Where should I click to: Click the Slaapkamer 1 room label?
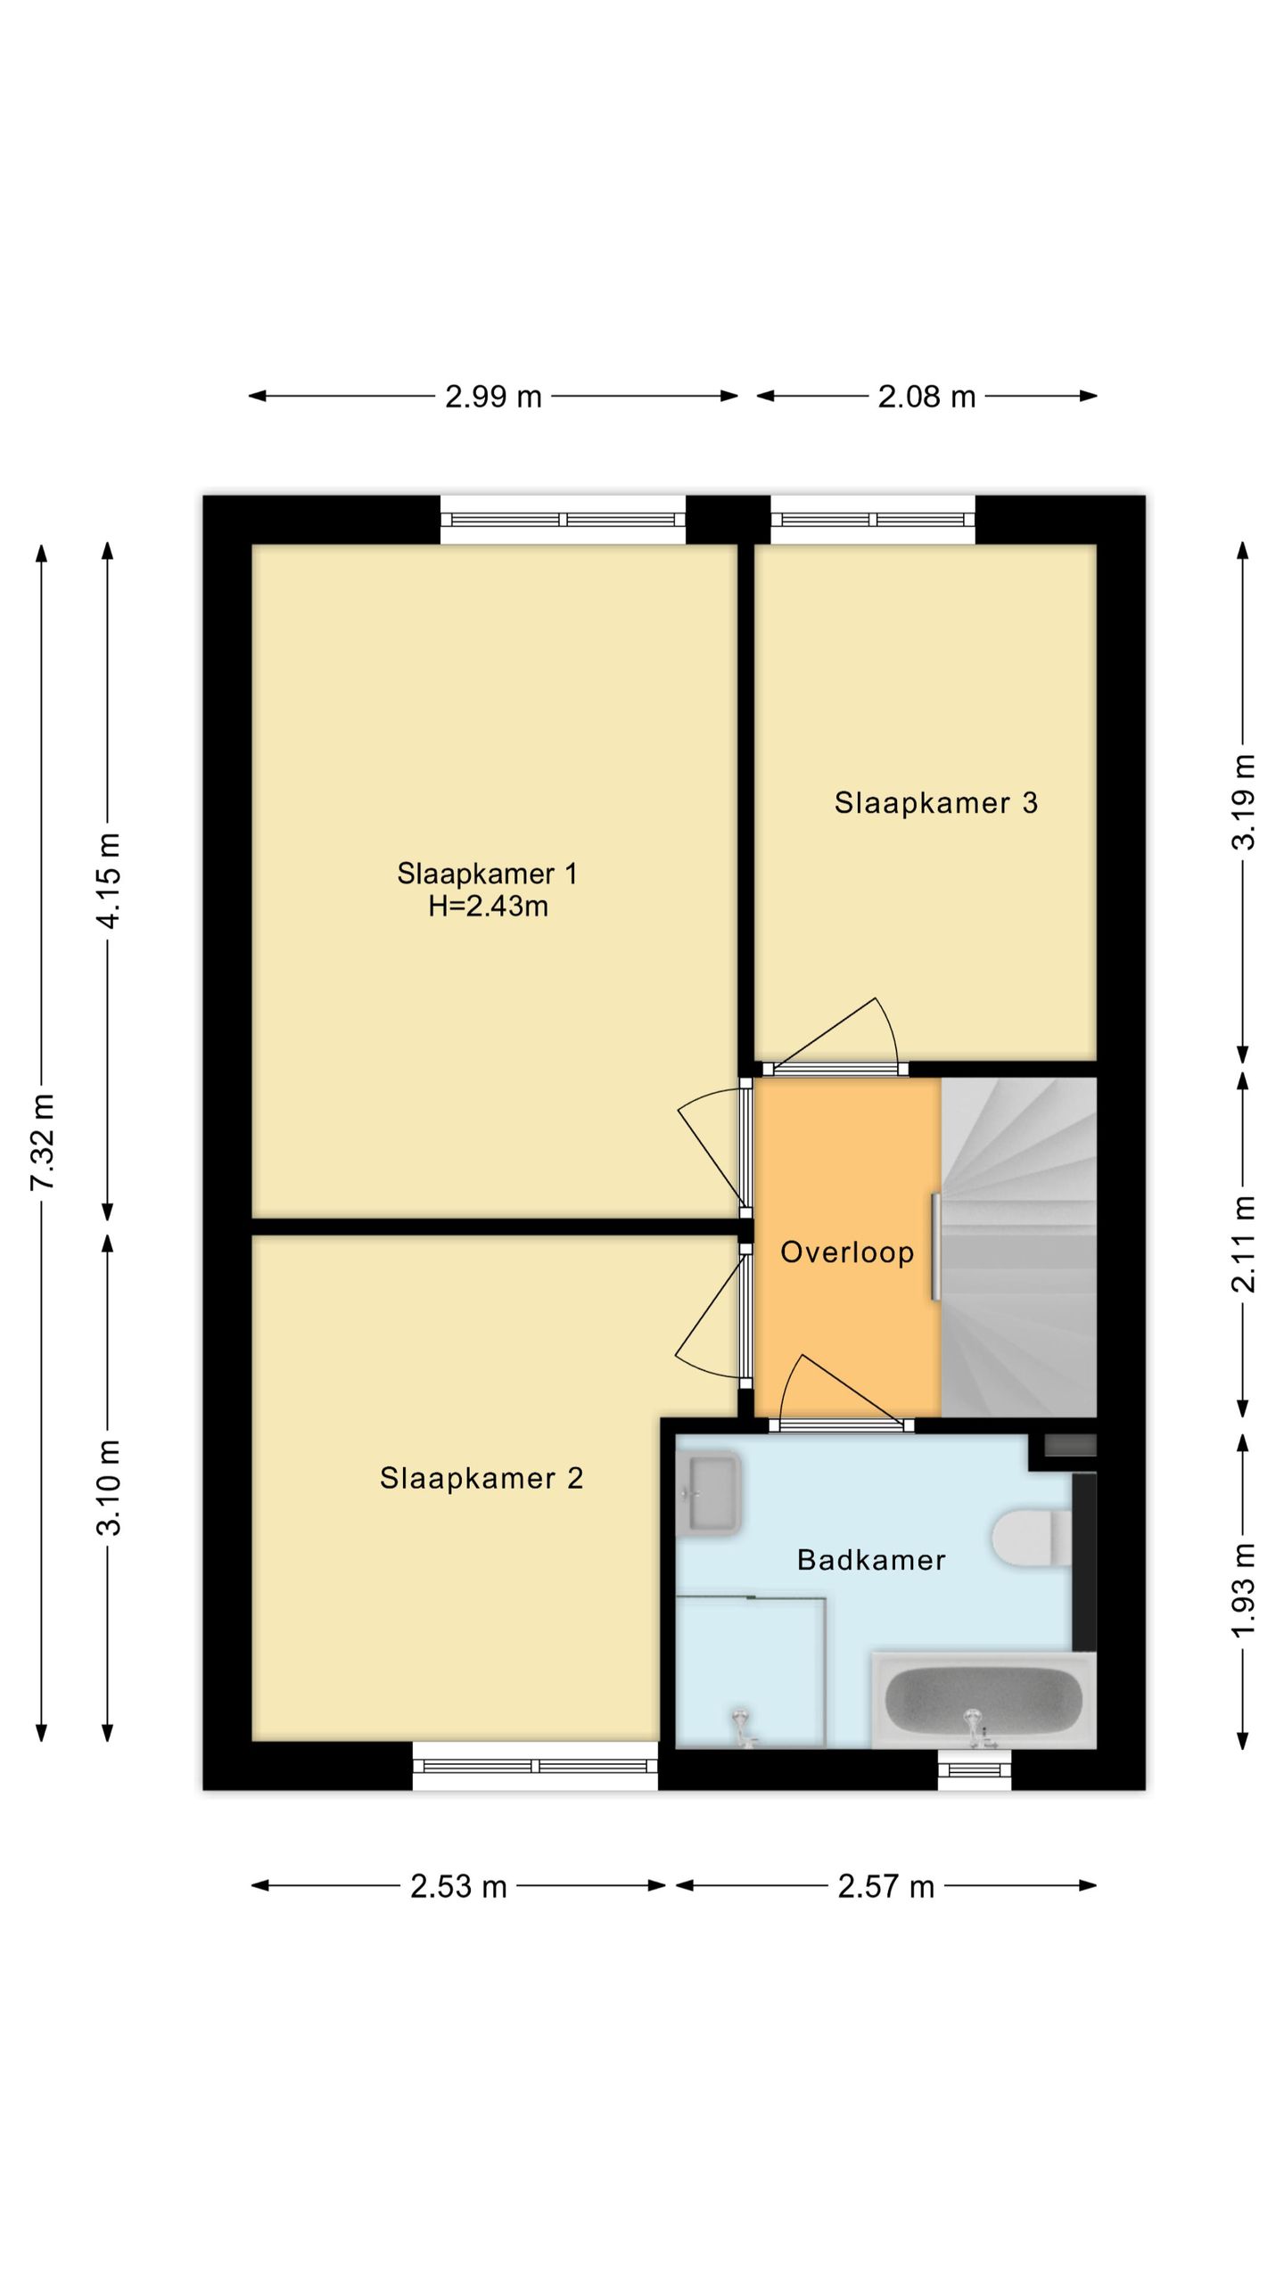pos(487,874)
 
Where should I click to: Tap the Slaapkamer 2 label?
pos(481,1478)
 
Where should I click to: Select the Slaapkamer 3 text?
pos(936,803)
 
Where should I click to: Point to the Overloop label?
pos(847,1252)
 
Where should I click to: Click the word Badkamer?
pos(871,1560)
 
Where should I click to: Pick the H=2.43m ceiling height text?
pos(488,907)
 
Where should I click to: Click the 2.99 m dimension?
pos(493,396)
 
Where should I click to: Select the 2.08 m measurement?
pos(927,396)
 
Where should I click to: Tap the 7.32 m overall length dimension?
pos(42,1142)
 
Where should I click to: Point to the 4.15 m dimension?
pos(108,881)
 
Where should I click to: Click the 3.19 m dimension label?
pos(1244,802)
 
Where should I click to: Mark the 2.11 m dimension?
pos(1244,1244)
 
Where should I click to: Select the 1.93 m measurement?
pos(1244,1590)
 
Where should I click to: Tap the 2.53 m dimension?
pos(458,1886)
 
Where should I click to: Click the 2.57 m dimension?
pos(885,1886)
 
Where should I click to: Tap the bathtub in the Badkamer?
pos(984,1700)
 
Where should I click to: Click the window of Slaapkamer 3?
pos(873,520)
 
